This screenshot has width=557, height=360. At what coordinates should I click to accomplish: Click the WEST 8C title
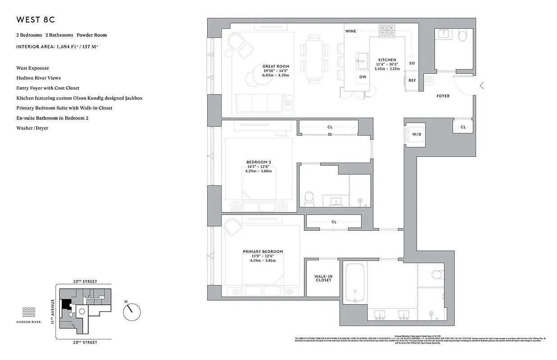pos(36,20)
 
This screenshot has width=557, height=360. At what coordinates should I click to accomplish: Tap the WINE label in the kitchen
pos(350,31)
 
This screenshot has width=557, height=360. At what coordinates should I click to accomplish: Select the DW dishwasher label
pos(362,77)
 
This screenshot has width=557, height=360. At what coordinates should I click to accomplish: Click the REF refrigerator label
pos(412,81)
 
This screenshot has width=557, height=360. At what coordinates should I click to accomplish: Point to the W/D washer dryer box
pos(417,135)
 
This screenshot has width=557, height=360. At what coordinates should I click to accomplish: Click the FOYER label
pos(443,96)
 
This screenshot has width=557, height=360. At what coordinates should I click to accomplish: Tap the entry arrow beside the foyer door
pos(482,85)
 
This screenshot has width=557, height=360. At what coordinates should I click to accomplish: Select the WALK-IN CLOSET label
pos(323,278)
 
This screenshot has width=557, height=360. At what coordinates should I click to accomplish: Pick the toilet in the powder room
pos(463,36)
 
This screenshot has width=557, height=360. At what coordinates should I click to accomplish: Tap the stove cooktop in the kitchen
pos(386,31)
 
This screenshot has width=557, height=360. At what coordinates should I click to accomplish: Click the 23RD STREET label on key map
pos(85,281)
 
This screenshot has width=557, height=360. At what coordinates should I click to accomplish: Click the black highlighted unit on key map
pos(66,305)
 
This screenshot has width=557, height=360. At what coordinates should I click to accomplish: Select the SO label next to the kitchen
pos(412,63)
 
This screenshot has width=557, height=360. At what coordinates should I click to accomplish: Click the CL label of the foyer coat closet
pos(463,127)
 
